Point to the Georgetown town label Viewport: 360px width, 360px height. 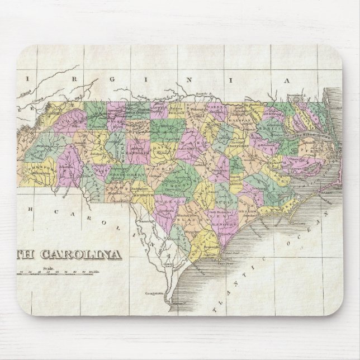click(154, 293)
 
